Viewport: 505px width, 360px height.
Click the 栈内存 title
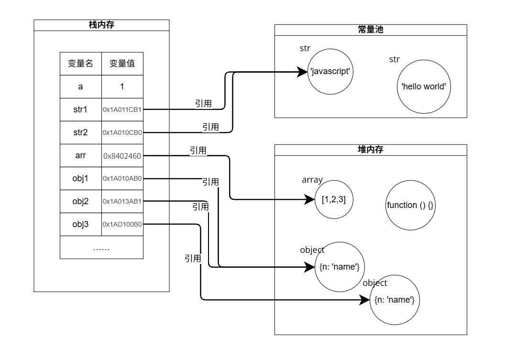[101, 25]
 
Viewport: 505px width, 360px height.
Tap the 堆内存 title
[371, 150]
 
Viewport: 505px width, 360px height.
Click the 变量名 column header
[80, 64]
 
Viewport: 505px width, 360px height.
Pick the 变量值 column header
[122, 64]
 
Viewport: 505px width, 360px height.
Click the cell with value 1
[122, 87]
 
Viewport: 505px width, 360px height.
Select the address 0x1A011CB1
[122, 109]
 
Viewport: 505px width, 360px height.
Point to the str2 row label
[80, 132]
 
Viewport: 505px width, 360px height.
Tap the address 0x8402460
[123, 155]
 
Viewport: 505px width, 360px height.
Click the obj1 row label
[80, 178]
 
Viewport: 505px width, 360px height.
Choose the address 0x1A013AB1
[122, 201]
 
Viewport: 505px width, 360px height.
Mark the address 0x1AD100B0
[122, 224]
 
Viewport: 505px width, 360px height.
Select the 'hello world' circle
[423, 87]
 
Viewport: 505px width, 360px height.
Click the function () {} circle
[410, 205]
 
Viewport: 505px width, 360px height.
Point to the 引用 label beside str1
[203, 104]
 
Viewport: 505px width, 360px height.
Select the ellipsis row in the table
[101, 248]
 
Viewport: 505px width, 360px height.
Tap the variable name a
[80, 87]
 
